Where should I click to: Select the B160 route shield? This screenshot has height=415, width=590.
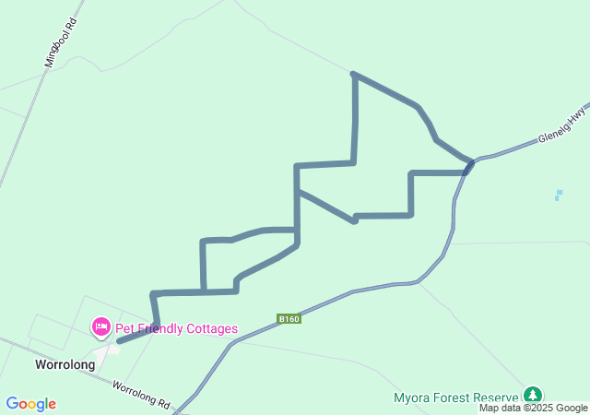289,319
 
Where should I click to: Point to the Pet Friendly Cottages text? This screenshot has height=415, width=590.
176,328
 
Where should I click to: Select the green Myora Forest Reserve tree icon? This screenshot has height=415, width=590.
534,395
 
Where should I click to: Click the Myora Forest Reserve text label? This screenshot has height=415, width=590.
457,398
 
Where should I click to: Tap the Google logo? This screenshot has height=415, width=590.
30,404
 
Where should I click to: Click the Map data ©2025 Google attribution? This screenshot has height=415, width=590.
533,409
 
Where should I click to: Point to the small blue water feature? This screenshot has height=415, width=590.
558,195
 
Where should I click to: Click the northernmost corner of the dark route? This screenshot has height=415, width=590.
354,74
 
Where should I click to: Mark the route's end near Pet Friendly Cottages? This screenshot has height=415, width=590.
119,341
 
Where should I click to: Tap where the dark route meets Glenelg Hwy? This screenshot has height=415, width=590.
471,163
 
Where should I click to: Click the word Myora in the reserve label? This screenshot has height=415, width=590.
412,398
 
